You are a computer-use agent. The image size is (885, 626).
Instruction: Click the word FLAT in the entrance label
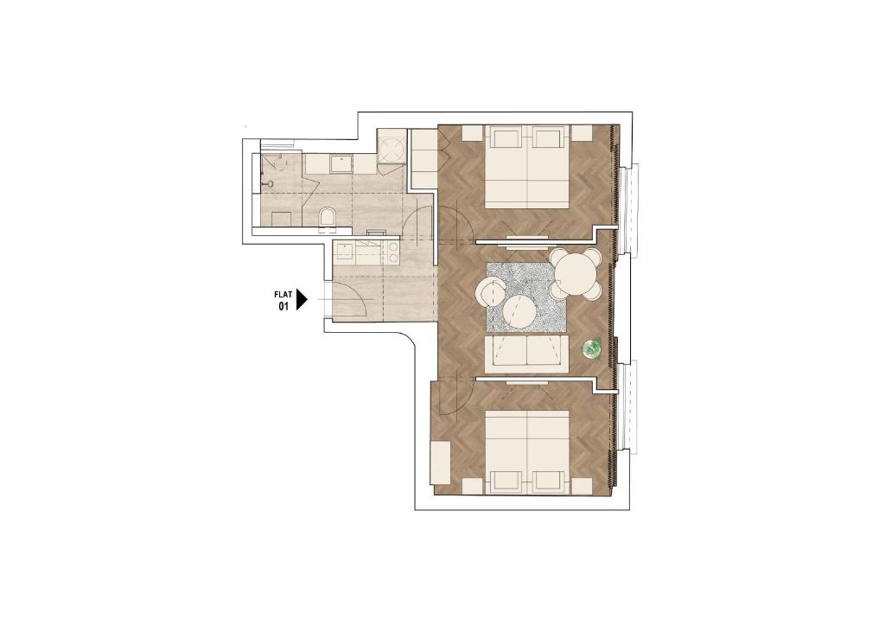point(283,294)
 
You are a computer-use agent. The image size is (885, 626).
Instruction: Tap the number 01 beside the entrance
point(283,306)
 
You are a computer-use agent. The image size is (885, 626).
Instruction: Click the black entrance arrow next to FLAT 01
point(302,300)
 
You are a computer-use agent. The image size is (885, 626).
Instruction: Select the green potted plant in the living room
point(591,348)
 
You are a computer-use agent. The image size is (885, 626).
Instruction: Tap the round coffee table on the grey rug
point(519,311)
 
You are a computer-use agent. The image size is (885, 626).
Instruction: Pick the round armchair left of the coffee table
point(492,292)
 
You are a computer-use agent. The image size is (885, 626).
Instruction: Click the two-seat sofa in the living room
point(526,354)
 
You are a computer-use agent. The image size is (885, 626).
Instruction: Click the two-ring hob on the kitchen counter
point(392,253)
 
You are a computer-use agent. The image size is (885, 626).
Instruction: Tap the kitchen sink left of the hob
point(344,248)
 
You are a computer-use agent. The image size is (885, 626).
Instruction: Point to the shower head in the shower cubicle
point(270,183)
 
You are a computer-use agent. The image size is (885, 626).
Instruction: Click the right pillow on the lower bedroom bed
point(548,481)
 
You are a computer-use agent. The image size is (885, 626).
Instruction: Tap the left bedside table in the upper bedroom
point(473,132)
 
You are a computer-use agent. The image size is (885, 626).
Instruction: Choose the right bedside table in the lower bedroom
point(582,486)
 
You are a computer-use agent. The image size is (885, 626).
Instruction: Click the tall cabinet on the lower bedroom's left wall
point(440,463)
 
